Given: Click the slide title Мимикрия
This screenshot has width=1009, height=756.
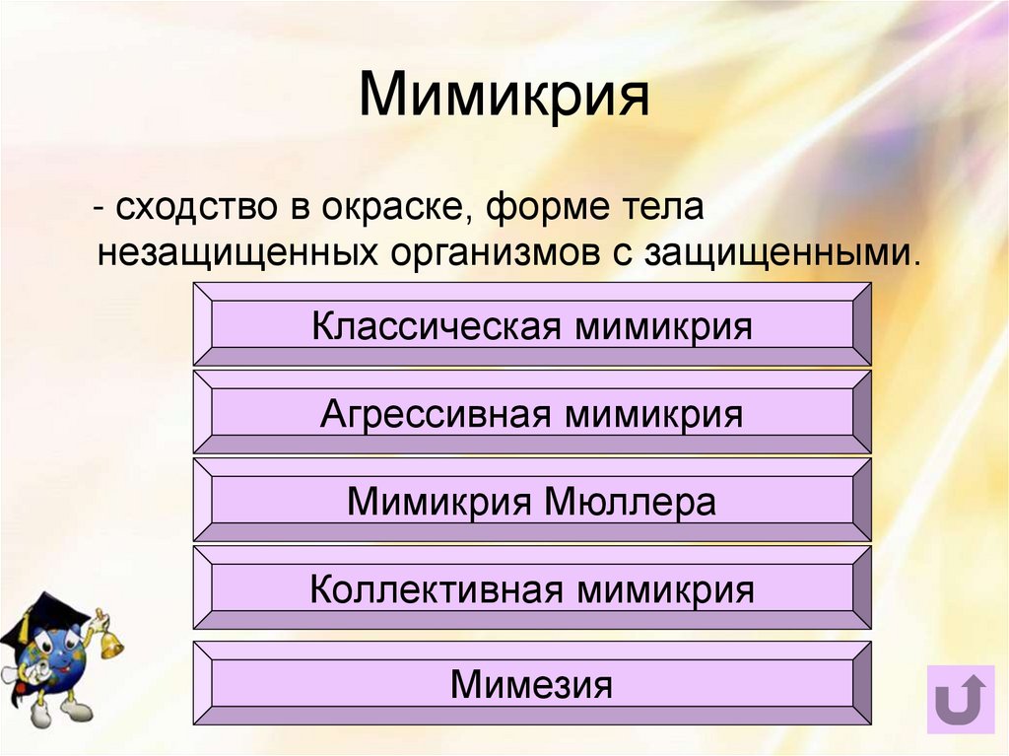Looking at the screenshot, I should point(504,96).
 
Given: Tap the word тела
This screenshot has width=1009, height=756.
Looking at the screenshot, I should point(653,208).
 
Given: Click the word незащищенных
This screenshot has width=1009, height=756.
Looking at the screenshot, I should point(238,253).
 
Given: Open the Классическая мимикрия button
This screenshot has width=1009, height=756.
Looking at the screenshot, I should point(532,325).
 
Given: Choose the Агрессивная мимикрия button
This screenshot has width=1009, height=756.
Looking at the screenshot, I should point(532,413).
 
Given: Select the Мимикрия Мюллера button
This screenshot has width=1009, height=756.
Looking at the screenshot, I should point(532,502).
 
